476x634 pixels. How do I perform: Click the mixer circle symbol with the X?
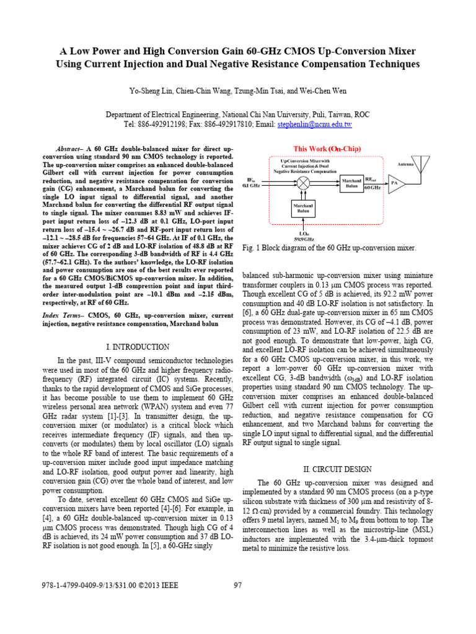pos(304,183)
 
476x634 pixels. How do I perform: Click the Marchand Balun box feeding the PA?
pos(351,183)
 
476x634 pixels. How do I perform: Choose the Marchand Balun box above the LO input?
pos(303,209)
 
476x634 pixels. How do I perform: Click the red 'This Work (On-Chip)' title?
pos(327,149)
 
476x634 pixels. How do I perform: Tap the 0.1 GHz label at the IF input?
pos(252,186)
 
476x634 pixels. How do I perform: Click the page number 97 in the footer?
pos(237,586)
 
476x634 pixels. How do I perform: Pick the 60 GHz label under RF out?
pos(372,187)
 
